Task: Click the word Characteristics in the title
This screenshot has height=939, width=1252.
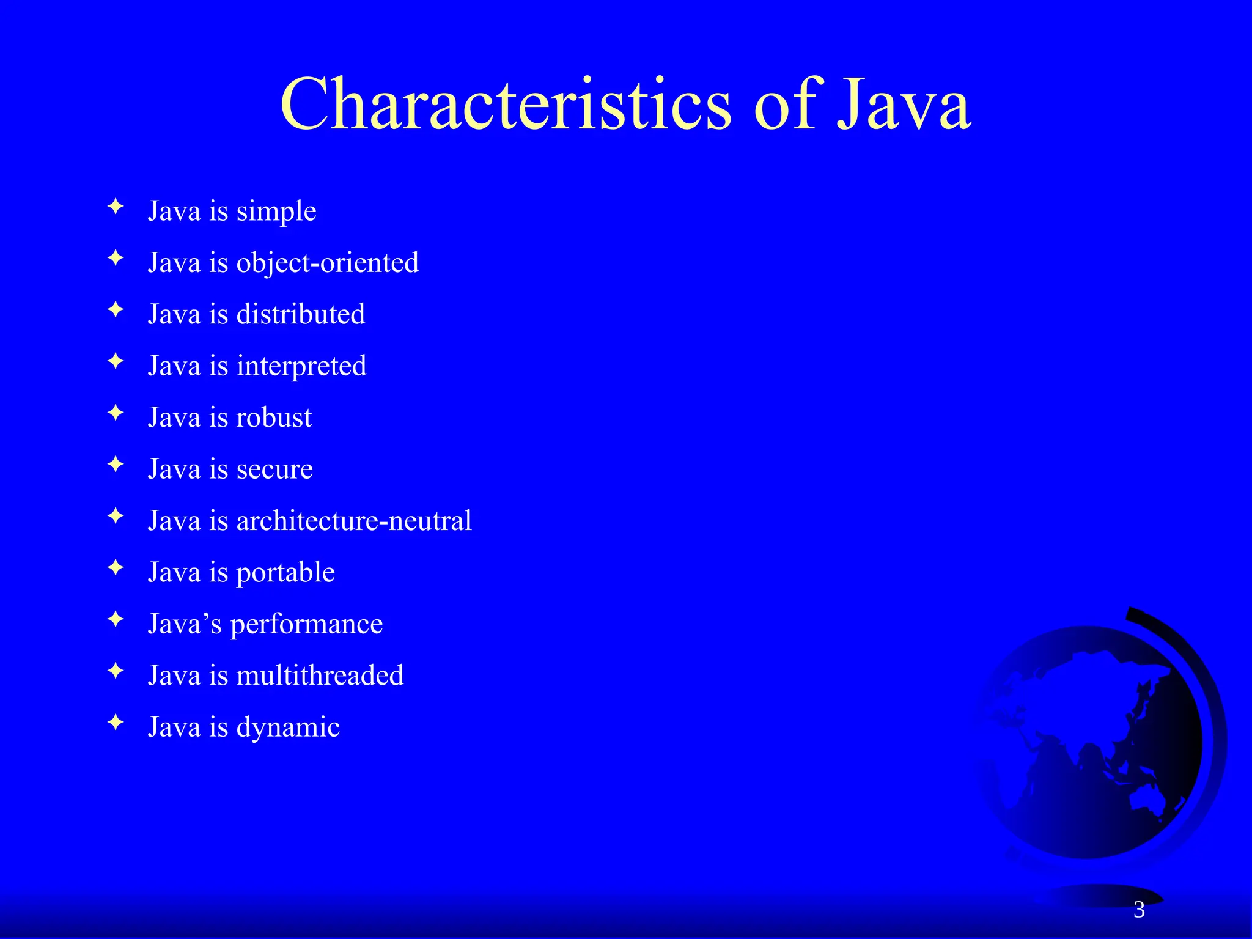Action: click(x=505, y=104)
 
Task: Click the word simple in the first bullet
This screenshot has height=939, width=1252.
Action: click(x=276, y=212)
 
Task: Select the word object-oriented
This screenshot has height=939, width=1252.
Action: click(x=328, y=263)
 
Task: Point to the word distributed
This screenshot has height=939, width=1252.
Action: click(x=301, y=314)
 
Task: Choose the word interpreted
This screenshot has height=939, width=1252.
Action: click(x=301, y=366)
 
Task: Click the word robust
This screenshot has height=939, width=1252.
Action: click(x=274, y=418)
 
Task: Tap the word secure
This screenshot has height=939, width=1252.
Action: click(x=274, y=469)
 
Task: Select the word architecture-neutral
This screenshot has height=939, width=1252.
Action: click(x=354, y=521)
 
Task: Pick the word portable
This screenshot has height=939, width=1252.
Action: click(x=285, y=573)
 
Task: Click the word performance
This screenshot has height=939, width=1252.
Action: click(x=306, y=624)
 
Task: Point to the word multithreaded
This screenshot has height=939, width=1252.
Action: click(x=320, y=676)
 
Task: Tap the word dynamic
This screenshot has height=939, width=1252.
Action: click(x=288, y=727)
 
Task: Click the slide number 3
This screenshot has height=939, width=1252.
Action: click(x=1139, y=910)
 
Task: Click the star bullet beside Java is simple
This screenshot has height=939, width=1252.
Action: click(x=116, y=207)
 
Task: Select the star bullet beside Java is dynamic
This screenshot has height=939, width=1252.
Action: click(x=116, y=723)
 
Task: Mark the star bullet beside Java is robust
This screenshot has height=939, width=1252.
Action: click(x=116, y=413)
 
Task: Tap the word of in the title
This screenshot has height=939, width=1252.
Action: click(x=785, y=104)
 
